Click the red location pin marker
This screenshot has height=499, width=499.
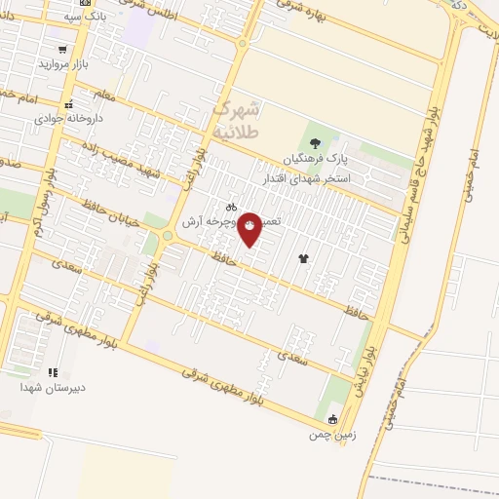(250, 228)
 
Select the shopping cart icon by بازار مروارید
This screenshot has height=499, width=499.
(63, 49)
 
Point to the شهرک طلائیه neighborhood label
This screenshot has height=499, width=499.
(235, 119)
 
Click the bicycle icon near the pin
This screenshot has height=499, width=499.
(231, 207)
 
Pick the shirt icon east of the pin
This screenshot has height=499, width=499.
(303, 258)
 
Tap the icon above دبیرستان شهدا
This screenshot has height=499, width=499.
(53, 372)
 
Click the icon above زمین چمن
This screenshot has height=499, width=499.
(332, 420)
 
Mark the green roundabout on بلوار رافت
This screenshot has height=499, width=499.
(168, 235)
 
